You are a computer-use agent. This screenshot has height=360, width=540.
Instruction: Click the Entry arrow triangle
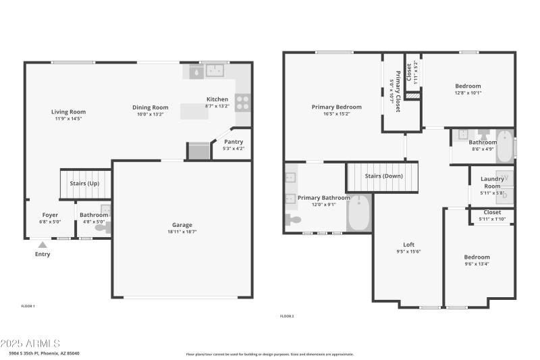tap(43, 245)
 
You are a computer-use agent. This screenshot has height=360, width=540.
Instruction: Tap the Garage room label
tap(182, 225)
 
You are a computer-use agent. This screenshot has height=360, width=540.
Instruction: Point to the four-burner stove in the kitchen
tap(243, 102)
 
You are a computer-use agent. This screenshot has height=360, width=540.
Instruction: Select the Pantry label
tap(234, 142)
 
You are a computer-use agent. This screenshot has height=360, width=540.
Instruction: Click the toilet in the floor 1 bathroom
tap(103, 228)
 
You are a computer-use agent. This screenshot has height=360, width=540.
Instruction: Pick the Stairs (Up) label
tap(84, 183)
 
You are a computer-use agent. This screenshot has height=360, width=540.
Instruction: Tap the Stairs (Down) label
tap(383, 176)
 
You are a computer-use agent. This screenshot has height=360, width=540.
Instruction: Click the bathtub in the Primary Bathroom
tap(359, 213)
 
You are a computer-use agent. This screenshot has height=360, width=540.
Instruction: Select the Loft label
tap(408, 245)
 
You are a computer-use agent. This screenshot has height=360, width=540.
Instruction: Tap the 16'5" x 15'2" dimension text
tap(336, 114)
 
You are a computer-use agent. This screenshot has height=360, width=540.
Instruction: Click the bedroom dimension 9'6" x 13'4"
tap(477, 264)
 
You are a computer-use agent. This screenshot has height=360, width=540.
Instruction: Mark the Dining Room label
tap(150, 107)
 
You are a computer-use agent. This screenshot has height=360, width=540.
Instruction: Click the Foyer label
tap(51, 215)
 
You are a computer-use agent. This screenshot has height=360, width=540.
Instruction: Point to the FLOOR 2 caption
tap(287, 316)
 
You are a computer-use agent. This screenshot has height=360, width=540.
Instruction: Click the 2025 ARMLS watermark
tap(30, 344)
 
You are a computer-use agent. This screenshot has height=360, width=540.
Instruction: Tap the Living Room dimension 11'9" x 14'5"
tap(68, 119)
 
